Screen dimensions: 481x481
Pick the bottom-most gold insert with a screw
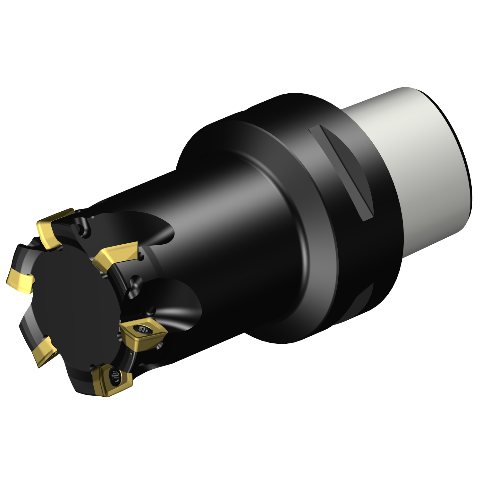[112, 380]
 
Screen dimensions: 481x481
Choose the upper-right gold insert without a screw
[117, 253]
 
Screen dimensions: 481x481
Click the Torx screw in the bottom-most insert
[114, 376]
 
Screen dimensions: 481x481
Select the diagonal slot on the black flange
[342, 173]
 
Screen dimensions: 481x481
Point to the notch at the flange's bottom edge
[364, 300]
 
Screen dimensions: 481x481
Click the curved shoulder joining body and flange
[289, 224]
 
